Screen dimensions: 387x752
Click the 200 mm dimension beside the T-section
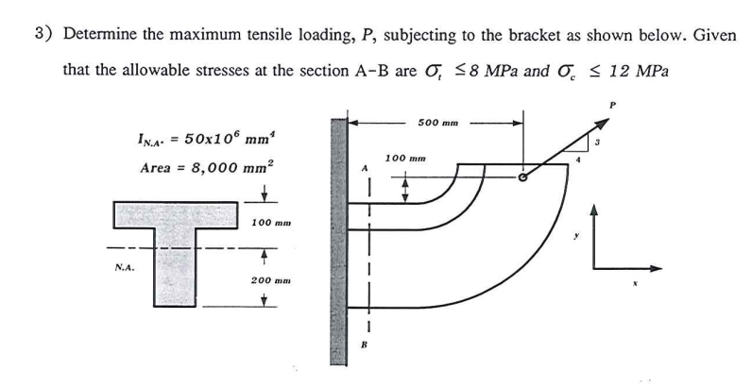click(x=272, y=280)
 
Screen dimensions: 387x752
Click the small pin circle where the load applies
click(x=523, y=177)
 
